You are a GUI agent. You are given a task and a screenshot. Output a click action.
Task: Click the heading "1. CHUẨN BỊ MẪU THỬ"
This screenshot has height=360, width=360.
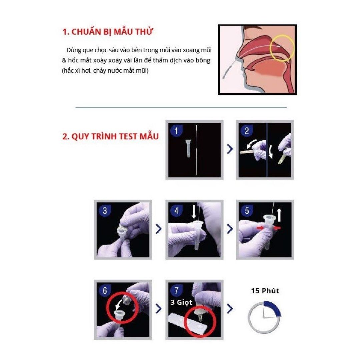[108, 32]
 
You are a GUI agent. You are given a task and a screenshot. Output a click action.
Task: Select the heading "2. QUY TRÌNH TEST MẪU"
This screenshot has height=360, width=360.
[110, 137]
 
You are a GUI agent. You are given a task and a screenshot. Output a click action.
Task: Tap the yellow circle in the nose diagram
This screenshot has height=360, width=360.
[282, 47]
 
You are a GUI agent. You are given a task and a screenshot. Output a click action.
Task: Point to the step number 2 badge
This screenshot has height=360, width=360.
[247, 131]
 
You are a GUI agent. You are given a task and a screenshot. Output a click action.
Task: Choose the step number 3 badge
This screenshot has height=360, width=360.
[105, 211]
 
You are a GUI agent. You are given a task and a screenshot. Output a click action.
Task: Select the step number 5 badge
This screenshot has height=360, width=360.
[247, 211]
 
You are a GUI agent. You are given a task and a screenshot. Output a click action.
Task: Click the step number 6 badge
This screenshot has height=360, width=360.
[105, 290]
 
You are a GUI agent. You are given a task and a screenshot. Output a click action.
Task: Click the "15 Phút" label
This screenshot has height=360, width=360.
[265, 291]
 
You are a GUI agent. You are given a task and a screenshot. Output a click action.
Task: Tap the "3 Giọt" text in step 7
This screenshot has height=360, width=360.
[180, 303]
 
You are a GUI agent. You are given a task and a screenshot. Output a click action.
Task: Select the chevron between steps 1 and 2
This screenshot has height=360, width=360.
[230, 149]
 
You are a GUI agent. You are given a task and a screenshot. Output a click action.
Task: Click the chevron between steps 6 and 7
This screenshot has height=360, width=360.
[158, 309]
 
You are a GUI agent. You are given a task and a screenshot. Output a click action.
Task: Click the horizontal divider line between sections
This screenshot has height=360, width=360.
[181, 108]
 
